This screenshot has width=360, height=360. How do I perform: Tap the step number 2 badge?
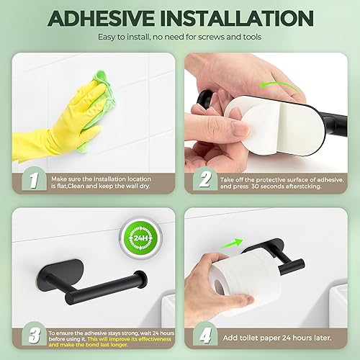[204, 179]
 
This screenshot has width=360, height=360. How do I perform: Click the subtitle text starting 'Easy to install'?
[180, 37]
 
